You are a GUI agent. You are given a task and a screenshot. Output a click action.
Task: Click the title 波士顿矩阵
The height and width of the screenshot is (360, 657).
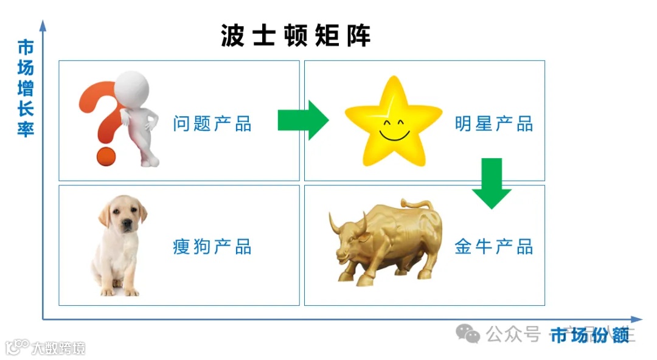[x=296, y=36]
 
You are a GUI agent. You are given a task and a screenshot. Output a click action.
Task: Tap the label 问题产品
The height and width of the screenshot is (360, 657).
[x=212, y=124]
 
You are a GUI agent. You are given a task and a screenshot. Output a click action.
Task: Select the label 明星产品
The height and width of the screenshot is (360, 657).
[x=493, y=124]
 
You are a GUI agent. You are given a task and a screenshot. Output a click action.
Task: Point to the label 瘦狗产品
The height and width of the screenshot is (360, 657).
[x=212, y=247]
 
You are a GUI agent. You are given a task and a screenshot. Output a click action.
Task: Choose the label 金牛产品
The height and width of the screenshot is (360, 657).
[x=493, y=247]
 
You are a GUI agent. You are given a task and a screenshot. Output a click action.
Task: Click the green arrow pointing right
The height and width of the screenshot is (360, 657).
[x=303, y=120]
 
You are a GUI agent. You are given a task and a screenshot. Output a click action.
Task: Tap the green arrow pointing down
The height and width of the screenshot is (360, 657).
[x=492, y=183]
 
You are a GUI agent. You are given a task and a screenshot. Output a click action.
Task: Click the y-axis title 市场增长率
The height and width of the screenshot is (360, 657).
[x=26, y=89]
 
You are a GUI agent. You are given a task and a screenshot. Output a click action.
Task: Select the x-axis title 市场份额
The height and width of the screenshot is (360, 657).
[x=589, y=334]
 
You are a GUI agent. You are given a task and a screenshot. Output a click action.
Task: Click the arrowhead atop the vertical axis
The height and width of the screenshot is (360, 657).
[x=43, y=25]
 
